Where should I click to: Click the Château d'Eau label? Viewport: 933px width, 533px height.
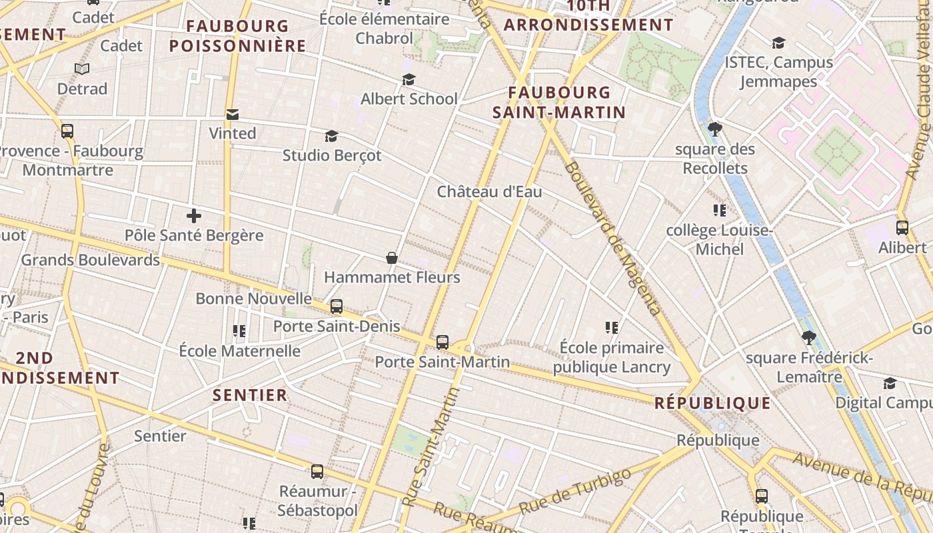click(489, 192)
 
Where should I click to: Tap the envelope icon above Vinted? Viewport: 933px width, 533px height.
click(233, 114)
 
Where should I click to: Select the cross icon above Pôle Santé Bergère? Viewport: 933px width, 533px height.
click(194, 216)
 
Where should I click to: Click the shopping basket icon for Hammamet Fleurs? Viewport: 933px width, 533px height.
click(392, 258)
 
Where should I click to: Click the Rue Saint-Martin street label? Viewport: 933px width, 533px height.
click(431, 448)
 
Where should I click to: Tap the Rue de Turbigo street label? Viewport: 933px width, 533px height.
click(574, 491)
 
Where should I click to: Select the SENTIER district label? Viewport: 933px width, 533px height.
click(250, 395)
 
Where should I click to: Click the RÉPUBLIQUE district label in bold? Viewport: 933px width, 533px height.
click(712, 403)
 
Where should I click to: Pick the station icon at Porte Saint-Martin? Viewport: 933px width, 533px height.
click(443, 342)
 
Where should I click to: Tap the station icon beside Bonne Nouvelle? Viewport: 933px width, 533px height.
click(337, 306)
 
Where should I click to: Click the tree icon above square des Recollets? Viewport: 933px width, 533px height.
click(715, 129)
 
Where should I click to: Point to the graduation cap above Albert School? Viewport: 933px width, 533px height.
click(409, 80)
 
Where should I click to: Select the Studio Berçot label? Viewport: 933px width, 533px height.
click(332, 155)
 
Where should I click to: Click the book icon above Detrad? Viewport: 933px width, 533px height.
click(82, 69)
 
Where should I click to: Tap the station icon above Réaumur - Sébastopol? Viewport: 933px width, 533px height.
click(317, 472)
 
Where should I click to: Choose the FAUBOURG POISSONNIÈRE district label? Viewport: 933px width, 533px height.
click(237, 36)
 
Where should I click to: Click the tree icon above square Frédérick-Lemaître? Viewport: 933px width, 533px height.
click(809, 337)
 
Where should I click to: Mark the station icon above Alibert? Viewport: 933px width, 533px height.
click(902, 227)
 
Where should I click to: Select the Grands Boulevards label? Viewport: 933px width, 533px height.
click(91, 260)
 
